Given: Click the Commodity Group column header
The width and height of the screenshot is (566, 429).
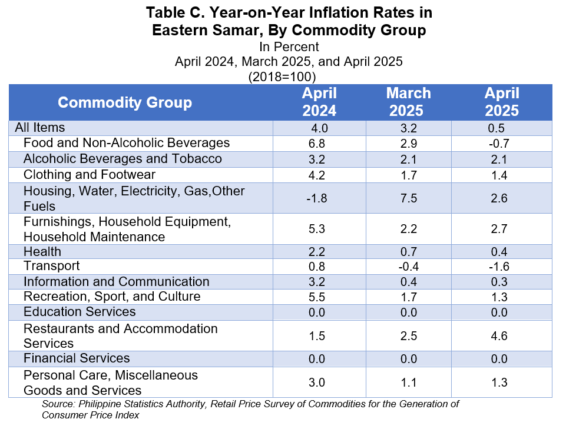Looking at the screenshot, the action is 125,102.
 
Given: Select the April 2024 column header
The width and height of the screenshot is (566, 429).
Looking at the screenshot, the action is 319,102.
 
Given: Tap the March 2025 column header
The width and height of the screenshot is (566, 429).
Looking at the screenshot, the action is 408,102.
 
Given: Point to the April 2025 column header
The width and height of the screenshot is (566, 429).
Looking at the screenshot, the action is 502,102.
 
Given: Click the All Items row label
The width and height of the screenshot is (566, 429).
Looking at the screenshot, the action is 39,128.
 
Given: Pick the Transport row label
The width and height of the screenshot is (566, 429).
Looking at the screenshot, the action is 51,266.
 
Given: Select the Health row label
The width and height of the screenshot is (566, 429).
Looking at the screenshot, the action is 42,251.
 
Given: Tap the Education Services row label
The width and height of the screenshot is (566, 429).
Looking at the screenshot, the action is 80,312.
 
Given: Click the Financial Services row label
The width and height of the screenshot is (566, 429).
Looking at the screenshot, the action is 77,358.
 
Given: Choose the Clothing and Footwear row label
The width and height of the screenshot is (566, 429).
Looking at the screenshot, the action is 89,175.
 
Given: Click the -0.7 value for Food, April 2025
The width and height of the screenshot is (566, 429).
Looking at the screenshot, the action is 499,144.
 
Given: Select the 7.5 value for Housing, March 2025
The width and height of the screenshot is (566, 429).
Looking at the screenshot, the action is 409,198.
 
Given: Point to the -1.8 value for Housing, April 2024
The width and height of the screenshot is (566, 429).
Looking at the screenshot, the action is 316,198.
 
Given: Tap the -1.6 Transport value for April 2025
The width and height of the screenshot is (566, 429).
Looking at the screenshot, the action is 499,267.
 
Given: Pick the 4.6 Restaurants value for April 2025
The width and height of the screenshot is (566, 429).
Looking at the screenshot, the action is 499,336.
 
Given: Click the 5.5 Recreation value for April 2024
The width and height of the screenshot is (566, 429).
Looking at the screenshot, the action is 316,297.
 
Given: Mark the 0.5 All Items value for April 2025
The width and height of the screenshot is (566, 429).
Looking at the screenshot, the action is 496,128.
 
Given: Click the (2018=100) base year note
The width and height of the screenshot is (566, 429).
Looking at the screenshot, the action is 282,77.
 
